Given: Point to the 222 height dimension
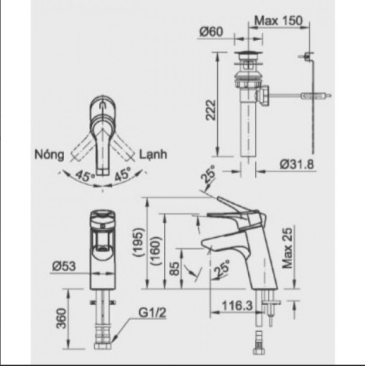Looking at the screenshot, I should (x=210, y=112).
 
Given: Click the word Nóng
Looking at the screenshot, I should (x=49, y=154).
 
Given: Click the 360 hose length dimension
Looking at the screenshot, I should (x=58, y=319).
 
